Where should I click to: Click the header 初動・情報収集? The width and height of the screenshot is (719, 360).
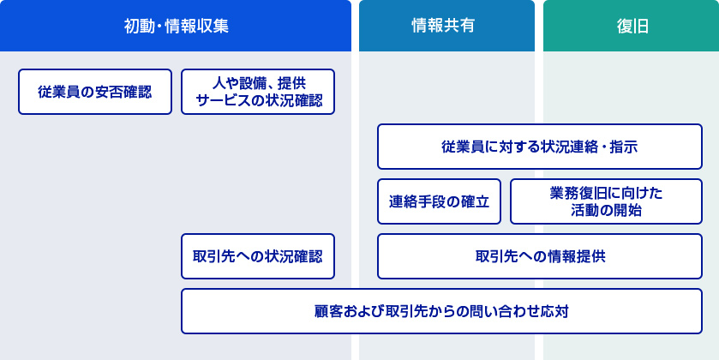coord(176,26)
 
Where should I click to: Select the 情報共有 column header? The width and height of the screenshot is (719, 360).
coord(446,26)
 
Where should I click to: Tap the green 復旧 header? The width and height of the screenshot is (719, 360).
coord(631,26)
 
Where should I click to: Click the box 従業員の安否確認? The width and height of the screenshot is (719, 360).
coord(95,92)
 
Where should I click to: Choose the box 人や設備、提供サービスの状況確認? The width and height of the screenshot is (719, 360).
coord(258,92)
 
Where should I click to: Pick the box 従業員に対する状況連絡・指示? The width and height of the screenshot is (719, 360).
coord(540,147)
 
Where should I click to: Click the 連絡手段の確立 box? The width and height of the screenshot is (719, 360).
coord(439,201)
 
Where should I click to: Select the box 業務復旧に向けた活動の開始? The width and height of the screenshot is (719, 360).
coord(606,201)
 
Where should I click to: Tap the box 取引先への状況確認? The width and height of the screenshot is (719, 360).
coord(258,256)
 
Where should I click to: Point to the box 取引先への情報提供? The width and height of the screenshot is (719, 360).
coord(540,256)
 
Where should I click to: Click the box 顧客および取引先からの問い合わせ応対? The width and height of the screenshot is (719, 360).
coord(441,311)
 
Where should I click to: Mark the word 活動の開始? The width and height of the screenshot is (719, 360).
coord(606,211)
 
